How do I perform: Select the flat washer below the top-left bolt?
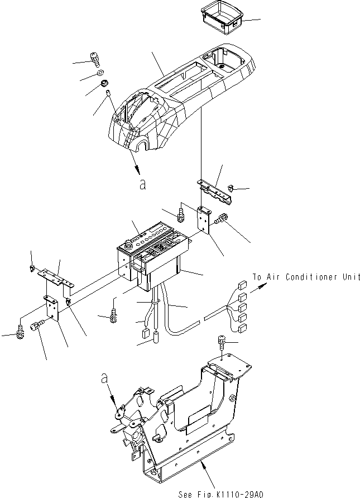click(x=99, y=73)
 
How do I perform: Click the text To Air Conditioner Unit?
click(x=305, y=277)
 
